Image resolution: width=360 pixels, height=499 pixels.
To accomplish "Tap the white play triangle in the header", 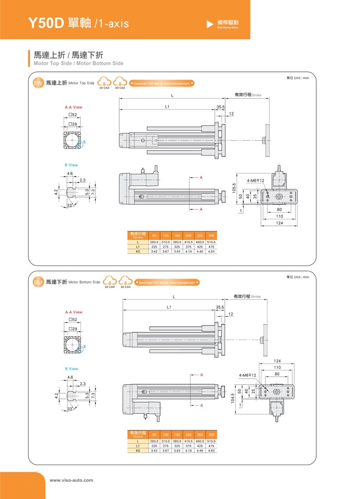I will coord(209,24).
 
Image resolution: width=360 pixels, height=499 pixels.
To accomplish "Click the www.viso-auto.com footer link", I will coord(71,480).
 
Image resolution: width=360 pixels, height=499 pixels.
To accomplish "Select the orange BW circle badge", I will coord(38,83).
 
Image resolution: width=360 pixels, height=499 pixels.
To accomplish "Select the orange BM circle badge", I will coord(38,282).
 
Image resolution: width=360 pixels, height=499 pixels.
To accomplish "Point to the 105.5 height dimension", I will coord(234,188).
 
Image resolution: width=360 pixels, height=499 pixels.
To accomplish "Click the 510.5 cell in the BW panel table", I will coord(211,242).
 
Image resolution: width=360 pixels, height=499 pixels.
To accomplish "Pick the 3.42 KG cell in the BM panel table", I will coord(154,450).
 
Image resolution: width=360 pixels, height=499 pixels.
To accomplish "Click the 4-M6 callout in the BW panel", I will coord(256,181).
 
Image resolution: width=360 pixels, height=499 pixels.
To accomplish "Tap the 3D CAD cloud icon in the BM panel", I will coord(125,281).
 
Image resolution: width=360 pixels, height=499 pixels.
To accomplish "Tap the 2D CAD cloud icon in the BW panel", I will coord(104,83).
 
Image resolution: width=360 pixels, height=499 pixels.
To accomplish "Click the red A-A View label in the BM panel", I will coord(74,312).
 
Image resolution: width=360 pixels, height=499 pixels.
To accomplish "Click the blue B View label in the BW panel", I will coord(71,165).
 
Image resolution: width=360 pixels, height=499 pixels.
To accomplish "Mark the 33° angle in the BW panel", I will coord(70,205).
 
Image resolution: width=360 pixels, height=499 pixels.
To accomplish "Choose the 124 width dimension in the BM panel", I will coord(277,361).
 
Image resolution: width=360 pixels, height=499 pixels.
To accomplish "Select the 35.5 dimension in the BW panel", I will coord(220,107).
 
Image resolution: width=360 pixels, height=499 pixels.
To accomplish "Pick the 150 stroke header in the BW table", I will coord(177,236).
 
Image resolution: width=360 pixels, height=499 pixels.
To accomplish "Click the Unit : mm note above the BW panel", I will coord(297,78).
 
